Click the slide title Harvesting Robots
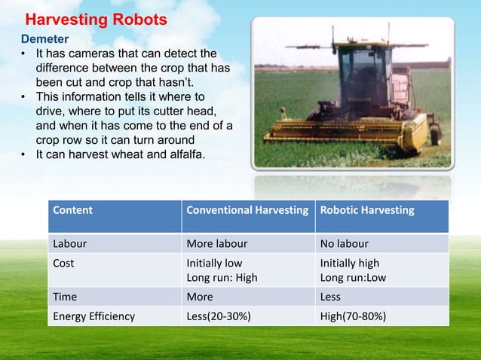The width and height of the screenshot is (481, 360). coord(97,20)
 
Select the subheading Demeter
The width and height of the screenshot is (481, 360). coord(44,38)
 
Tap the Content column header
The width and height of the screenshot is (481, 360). coord(72,210)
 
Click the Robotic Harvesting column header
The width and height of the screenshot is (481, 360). coord(367,210)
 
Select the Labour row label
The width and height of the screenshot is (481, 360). coord(69,244)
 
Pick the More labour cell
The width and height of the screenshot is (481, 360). coord(216,244)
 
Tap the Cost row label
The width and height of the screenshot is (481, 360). coord(63,264)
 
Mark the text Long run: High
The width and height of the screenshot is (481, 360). coord(222,277)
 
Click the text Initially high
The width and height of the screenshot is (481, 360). coord(350,264)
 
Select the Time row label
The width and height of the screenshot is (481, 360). coord(65,297)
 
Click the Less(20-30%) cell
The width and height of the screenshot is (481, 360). coord(219,316)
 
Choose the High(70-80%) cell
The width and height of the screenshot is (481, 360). coord(353,316)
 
